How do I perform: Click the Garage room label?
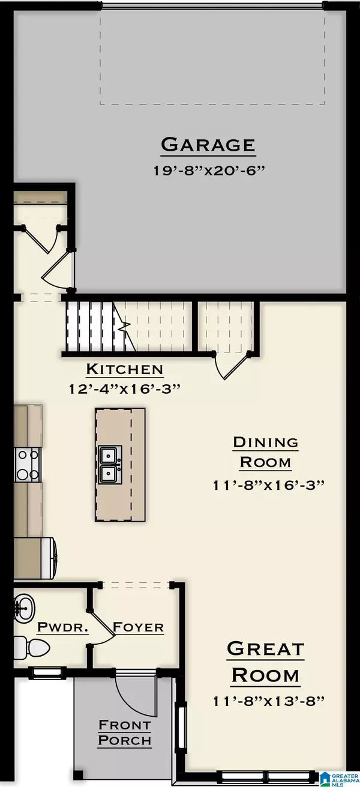pos(208,145)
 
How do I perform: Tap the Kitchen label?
pos(124,369)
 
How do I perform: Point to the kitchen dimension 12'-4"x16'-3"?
pos(124,388)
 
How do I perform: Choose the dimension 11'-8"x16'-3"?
pos(265,484)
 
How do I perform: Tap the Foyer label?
pos(139,627)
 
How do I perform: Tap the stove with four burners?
pos(29,465)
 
